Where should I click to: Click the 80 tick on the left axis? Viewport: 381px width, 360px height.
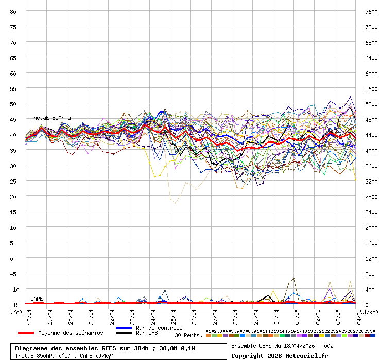coord(13,11)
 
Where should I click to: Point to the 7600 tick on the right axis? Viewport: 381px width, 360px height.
coord(371,11)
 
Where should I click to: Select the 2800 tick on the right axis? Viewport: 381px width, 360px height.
coord(371,196)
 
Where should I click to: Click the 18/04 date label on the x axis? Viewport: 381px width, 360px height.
coord(30,316)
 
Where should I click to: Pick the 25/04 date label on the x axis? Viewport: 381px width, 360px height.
coord(174,316)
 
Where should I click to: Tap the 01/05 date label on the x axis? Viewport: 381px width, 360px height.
coord(298,316)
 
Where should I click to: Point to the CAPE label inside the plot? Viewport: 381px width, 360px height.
coord(37,299)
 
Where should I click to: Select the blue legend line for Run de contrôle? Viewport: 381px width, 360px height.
coord(124,328)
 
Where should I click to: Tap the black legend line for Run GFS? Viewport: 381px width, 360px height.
coord(124,333)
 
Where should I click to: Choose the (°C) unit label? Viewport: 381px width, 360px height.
coord(16,312)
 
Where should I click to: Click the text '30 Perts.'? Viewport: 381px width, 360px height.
coord(188,335)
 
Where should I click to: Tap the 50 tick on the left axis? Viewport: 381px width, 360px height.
coord(13,104)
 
